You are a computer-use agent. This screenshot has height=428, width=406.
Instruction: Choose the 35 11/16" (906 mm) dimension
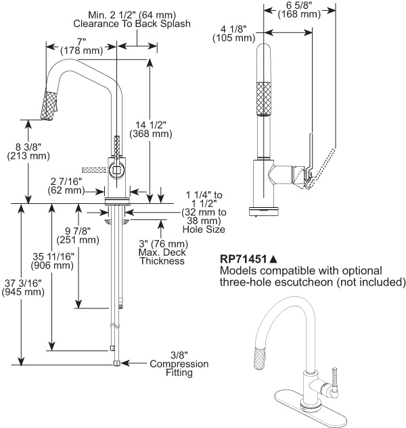pyautogui.click(x=51, y=260)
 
